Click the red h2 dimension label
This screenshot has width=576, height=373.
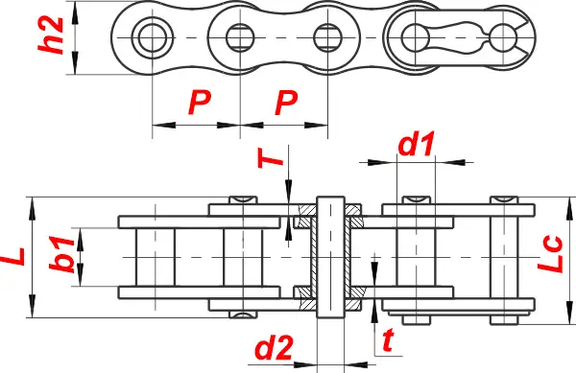(51, 35)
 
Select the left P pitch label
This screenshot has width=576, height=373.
(200, 103)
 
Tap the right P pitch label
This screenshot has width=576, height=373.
(286, 103)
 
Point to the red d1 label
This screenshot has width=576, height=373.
(417, 144)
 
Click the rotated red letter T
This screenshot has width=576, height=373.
(270, 158)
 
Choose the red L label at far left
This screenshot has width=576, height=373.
(13, 257)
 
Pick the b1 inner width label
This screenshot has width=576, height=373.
(61, 254)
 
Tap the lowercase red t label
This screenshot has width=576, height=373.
(388, 340)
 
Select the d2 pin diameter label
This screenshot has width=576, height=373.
(274, 347)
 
